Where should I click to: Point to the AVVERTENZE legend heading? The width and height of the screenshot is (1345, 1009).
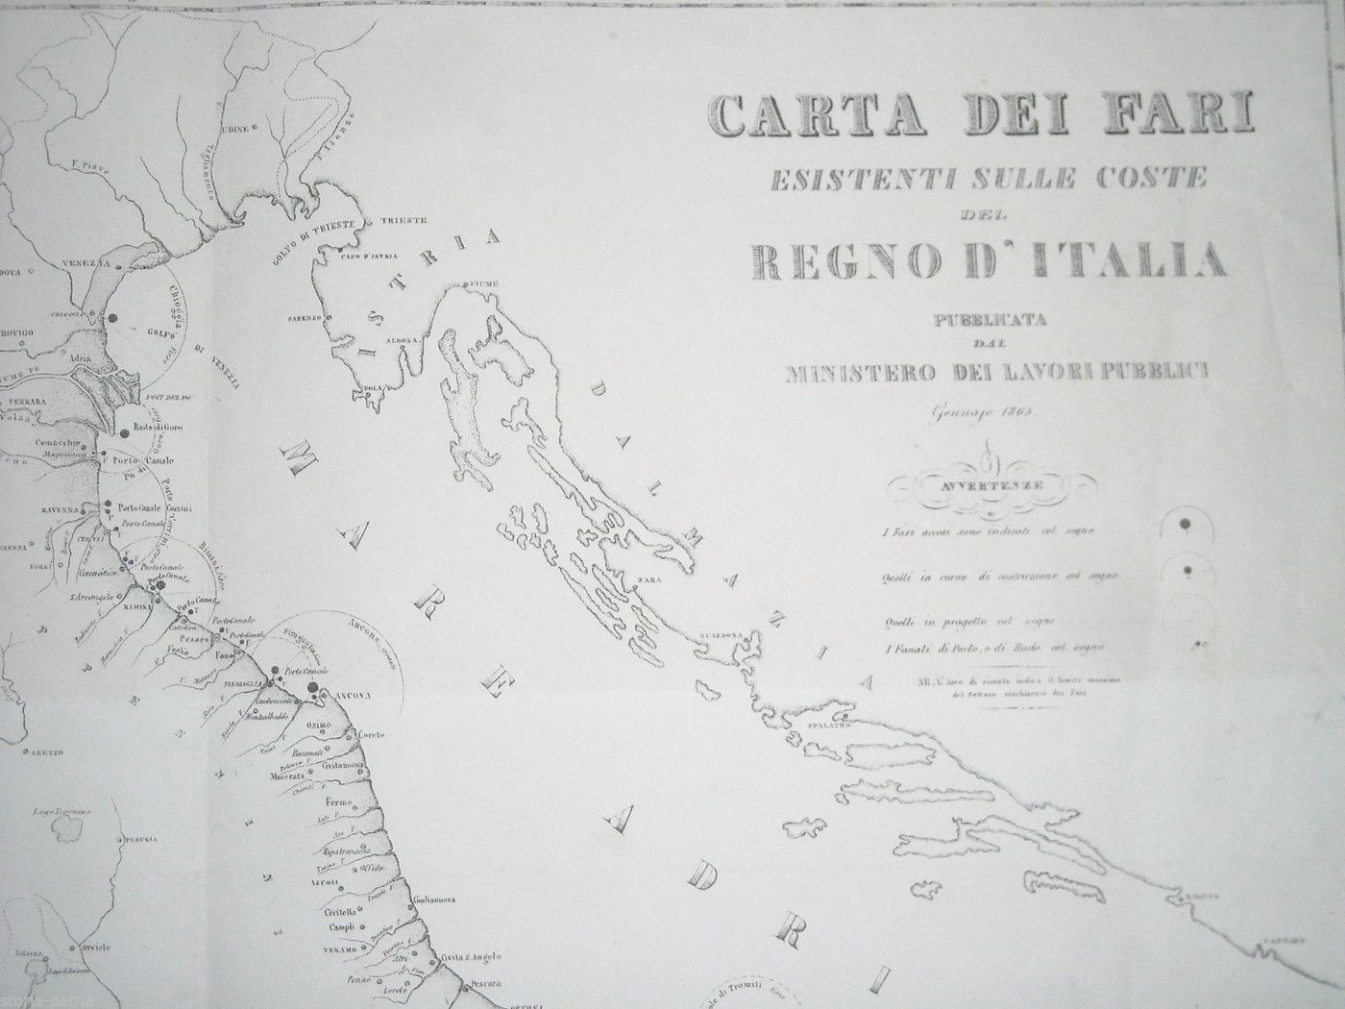(990, 485)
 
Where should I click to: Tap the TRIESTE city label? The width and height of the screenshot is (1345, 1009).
(403, 221)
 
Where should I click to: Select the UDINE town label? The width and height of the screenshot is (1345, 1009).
(236, 128)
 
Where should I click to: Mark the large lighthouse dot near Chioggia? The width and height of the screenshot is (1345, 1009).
(112, 318)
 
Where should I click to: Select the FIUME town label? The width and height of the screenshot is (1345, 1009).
(478, 284)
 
